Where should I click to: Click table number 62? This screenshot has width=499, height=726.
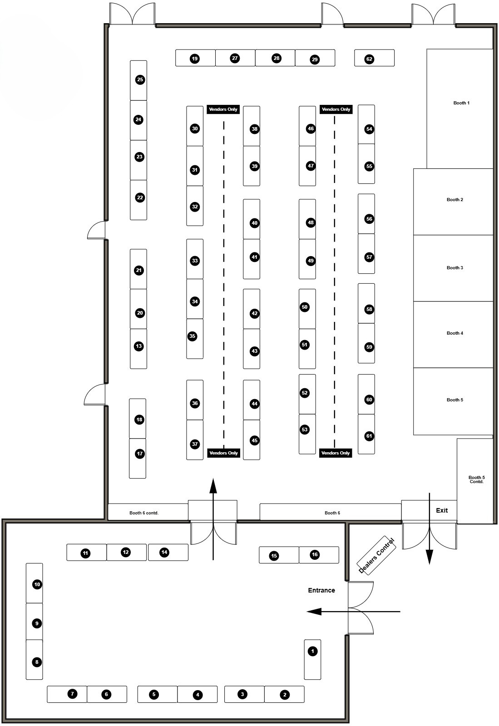369,59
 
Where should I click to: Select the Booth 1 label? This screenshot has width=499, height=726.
461,103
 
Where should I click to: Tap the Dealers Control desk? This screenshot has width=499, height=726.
377,556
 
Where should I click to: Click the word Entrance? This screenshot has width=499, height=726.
321,590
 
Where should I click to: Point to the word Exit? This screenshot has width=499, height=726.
442,510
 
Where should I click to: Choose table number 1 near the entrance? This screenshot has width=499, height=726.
312,652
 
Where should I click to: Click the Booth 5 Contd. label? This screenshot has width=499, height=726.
476,479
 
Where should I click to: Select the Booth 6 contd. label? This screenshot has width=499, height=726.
144,513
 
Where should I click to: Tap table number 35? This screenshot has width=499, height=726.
193,336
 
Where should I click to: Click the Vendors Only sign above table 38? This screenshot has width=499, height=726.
223,109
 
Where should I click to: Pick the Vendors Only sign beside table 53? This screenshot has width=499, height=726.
336,453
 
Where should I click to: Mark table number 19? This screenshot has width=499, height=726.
194,59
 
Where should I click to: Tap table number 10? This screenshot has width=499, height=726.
37,584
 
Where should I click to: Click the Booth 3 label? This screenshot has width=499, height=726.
455,268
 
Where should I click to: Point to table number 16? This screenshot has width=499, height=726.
315,554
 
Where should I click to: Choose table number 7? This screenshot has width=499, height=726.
72,693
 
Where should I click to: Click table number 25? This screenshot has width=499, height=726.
140,80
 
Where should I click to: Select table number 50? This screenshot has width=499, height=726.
305,307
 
